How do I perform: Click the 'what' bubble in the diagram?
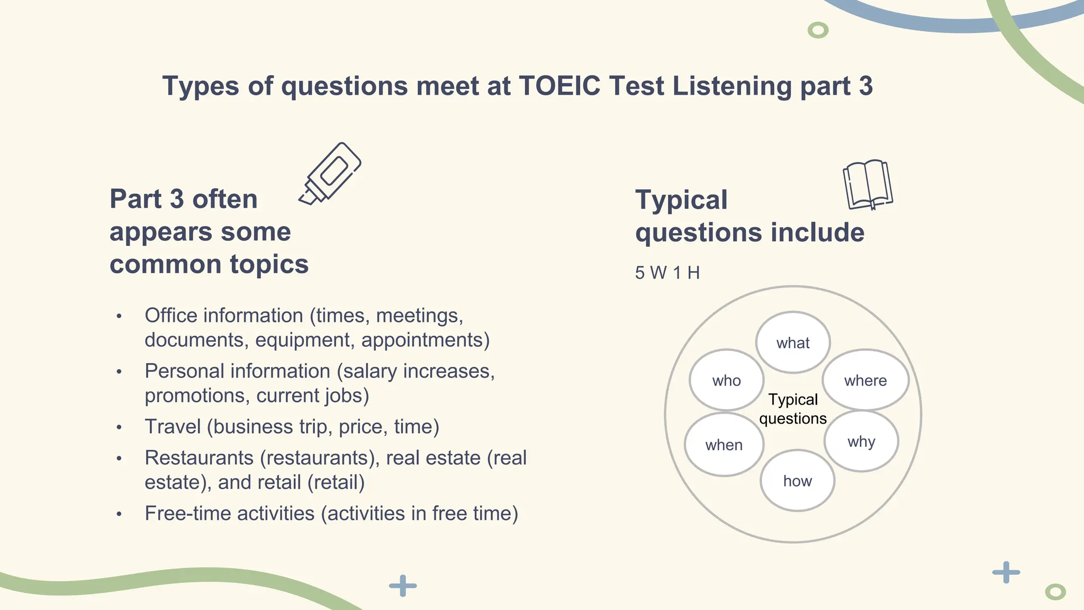(792, 343)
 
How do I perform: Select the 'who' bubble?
(726, 380)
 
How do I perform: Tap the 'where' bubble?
(865, 380)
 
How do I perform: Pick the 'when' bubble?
(724, 445)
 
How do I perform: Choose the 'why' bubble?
(861, 441)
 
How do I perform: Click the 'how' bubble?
(797, 481)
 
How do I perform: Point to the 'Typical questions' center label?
(792, 409)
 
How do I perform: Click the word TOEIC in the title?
(559, 86)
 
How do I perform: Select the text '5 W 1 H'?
(667, 273)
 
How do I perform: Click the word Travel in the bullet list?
(173, 427)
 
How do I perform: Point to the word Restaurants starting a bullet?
(199, 458)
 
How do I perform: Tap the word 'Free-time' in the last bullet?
(185, 514)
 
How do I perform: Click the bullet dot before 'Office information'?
(119, 316)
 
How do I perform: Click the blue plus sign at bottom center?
(403, 586)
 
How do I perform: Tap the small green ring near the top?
(818, 30)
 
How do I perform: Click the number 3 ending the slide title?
(865, 86)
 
